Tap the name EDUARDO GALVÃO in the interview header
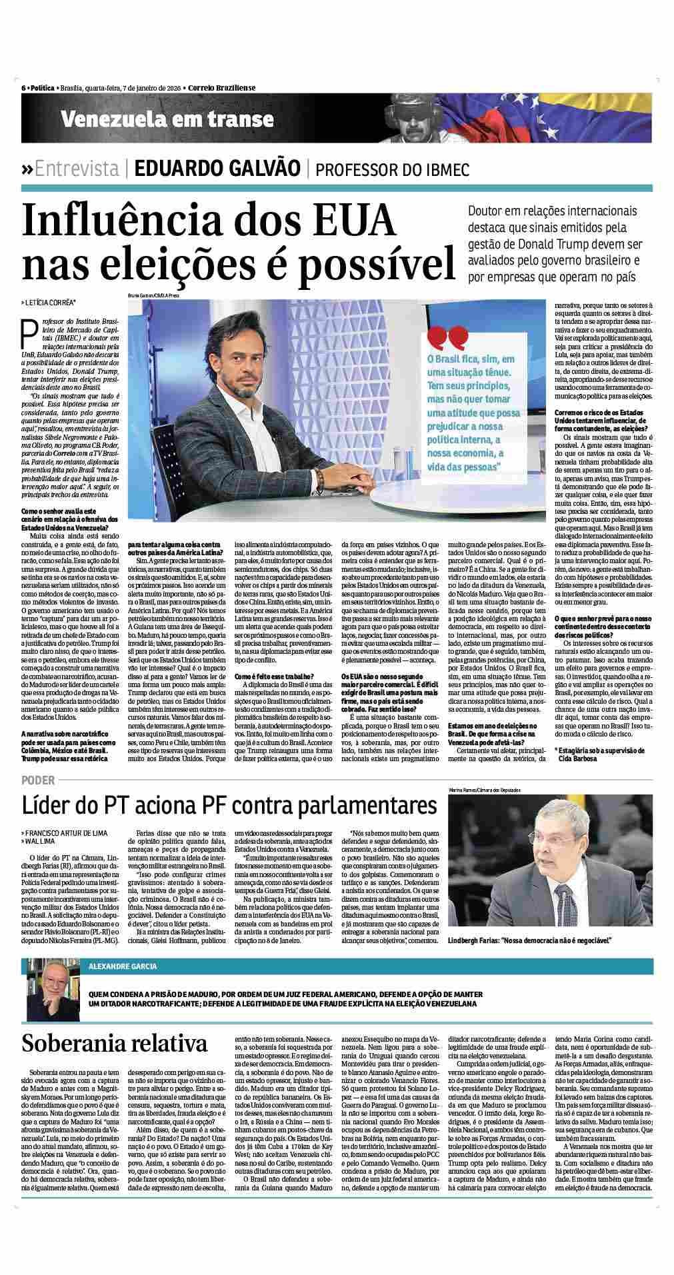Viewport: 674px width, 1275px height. [x=217, y=168]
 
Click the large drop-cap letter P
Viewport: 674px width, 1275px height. [x=29, y=331]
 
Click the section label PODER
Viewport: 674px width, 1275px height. [x=38, y=779]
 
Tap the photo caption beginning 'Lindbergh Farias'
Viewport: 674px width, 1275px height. [x=530, y=940]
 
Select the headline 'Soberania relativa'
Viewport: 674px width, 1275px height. [x=114, y=1042]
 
